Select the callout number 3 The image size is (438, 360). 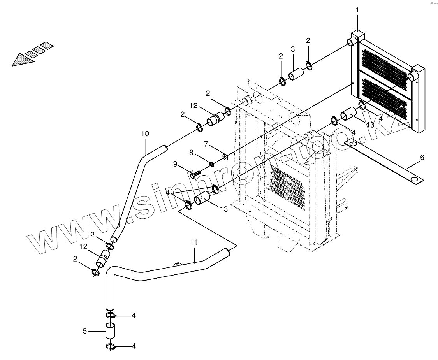click(293, 49)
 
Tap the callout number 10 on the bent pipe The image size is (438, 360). click(145, 134)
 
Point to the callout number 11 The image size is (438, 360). click(194, 242)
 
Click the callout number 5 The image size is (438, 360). click(84, 331)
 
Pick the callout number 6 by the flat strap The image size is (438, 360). click(411, 158)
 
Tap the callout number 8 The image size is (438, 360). click(191, 153)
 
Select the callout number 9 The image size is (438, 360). click(176, 164)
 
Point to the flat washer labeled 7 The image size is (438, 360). click(225, 157)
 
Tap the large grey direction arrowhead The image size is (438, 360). click(21, 60)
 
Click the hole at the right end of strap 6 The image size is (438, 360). click(416, 179)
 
